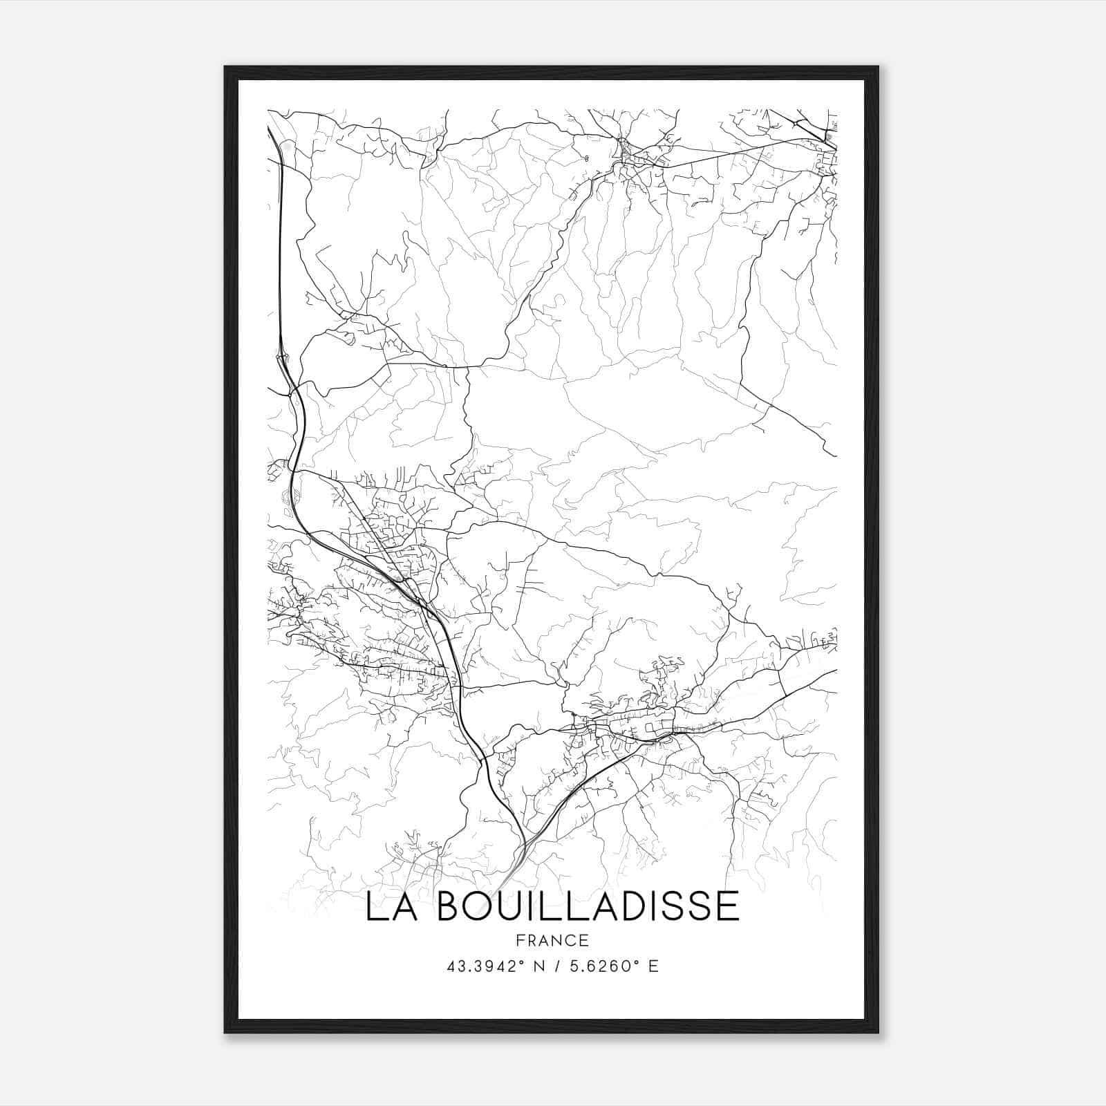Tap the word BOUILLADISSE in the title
click(x=588, y=906)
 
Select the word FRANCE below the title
click(x=552, y=941)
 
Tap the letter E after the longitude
click(x=653, y=966)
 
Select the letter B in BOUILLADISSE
click(x=452, y=906)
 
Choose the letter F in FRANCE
click(x=519, y=941)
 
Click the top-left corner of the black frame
click(x=225, y=67)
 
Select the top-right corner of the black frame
click(x=878, y=67)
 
